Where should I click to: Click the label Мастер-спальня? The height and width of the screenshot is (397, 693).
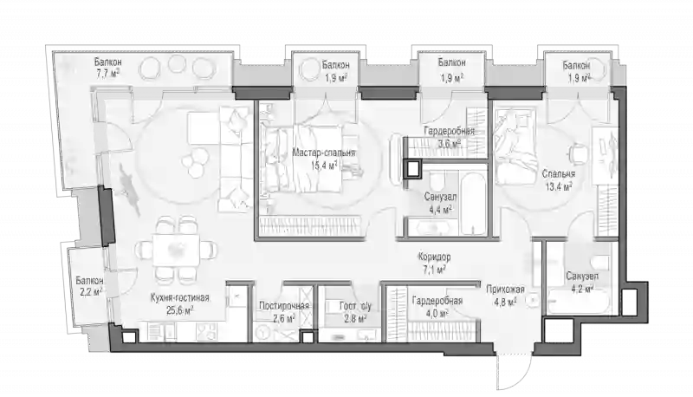tap(323, 153)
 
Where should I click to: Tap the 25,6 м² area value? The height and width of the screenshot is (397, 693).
tap(179, 310)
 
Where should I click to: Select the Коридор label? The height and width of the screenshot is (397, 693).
tap(435, 257)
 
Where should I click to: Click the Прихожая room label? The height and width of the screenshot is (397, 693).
tap(505, 290)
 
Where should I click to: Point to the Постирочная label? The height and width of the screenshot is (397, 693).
tap(284, 306)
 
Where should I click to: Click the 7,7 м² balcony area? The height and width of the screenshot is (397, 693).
tap(108, 73)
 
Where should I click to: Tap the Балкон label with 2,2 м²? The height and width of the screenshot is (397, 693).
tap(89, 281)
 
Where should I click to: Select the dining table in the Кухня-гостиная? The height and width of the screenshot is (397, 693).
tap(177, 250)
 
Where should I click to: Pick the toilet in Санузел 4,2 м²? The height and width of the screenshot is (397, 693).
tap(601, 265)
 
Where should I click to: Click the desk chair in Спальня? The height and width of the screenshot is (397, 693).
tap(577, 153)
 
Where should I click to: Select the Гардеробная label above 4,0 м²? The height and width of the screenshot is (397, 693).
tap(437, 301)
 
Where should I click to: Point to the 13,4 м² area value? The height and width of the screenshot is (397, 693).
tap(559, 186)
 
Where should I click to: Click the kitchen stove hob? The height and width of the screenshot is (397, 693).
tap(206, 331)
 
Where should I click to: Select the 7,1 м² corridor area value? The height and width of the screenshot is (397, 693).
tap(433, 270)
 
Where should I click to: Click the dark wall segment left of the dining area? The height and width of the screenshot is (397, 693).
tap(106, 216)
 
